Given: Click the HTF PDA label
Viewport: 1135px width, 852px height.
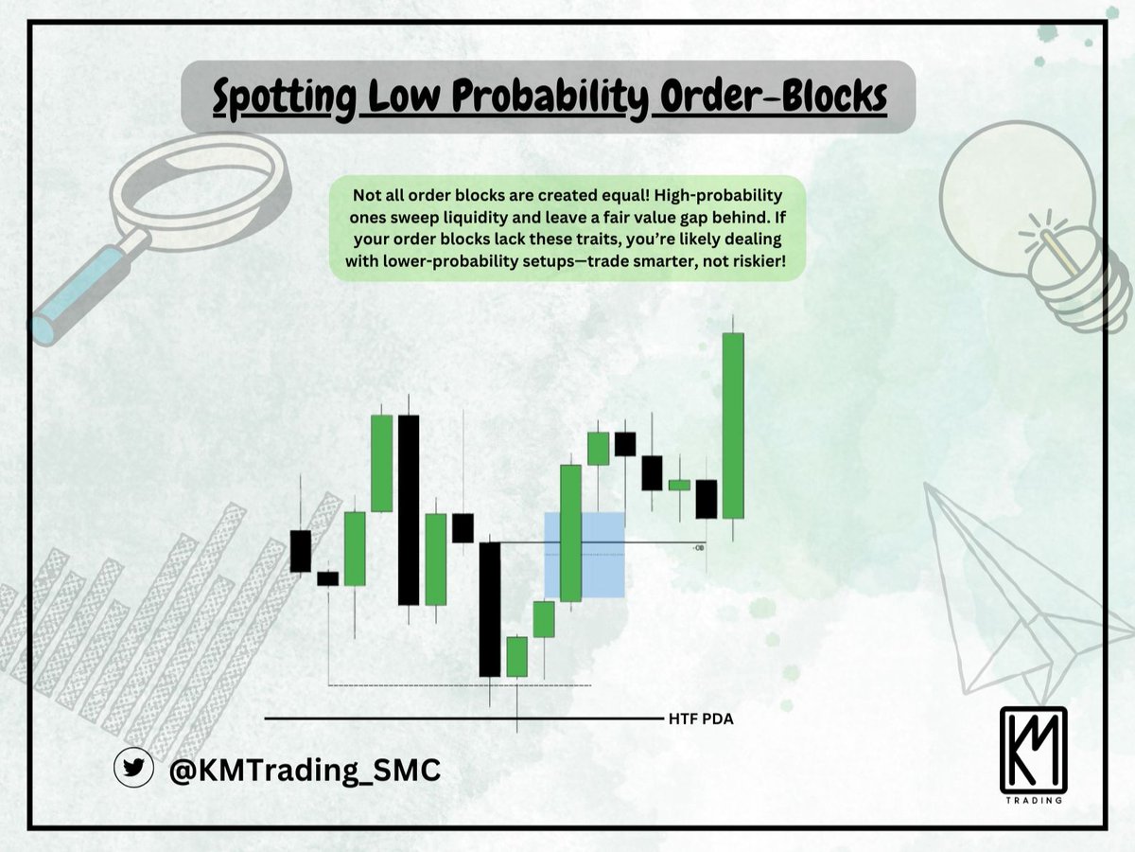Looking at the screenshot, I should [x=700, y=719].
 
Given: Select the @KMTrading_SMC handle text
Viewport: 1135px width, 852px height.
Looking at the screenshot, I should [x=304, y=771].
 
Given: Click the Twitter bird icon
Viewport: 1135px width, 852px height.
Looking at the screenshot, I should [x=133, y=769].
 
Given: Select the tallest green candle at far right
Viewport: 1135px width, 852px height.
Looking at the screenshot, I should [x=733, y=426].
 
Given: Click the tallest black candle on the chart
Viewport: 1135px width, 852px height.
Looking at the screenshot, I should [x=408, y=509].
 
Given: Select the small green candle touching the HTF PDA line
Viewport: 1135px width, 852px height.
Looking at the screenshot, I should [x=516, y=657].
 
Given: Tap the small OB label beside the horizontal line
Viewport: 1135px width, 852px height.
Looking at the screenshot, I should [x=699, y=547].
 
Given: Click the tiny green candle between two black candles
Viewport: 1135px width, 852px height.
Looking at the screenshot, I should [x=679, y=485].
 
